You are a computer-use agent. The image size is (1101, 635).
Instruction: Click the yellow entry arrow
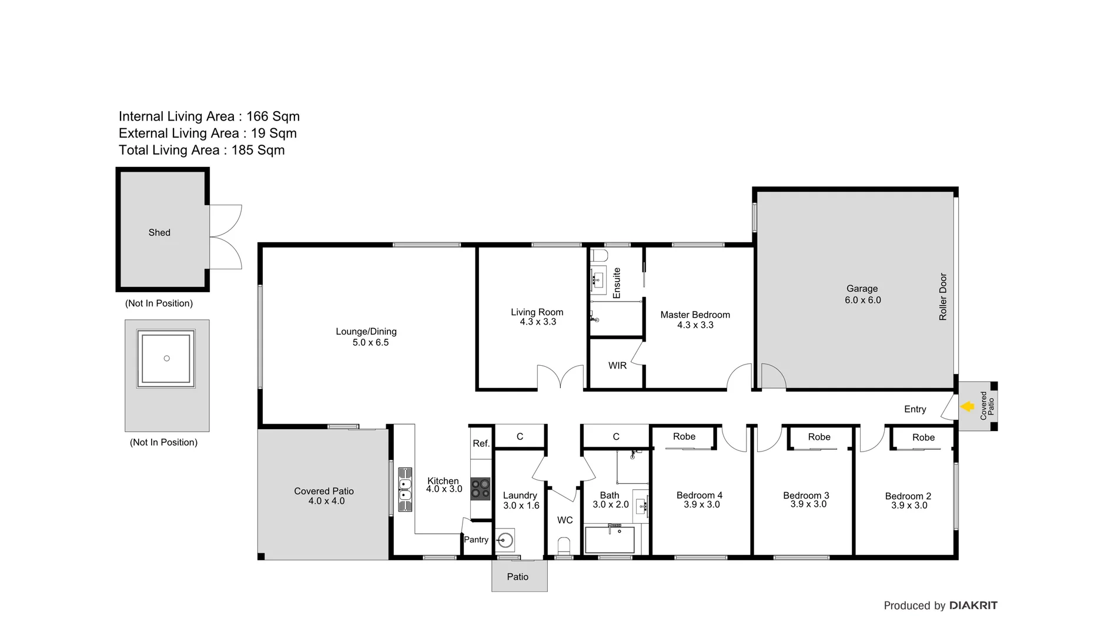tap(968, 406)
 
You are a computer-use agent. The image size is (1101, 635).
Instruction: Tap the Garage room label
tap(862, 289)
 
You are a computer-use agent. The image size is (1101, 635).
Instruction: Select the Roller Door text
tap(943, 297)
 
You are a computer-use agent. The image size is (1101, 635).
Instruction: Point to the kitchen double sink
tap(405, 490)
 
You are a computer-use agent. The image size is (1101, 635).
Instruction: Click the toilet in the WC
tap(564, 546)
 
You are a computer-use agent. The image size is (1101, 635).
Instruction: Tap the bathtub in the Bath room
tap(610, 540)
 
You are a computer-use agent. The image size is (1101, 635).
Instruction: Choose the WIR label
tap(617, 366)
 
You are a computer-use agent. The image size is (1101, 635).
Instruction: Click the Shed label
tap(159, 233)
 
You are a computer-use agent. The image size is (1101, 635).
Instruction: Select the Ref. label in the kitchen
tap(481, 443)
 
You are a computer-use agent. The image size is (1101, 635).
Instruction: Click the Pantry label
tap(476, 540)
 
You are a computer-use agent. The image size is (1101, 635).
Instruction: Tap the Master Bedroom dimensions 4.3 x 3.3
tap(695, 325)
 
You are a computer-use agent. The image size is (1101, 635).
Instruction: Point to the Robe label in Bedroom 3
tap(819, 437)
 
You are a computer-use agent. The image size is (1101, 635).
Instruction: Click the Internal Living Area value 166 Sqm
tap(273, 116)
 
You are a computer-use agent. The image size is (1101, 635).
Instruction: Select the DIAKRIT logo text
tap(973, 606)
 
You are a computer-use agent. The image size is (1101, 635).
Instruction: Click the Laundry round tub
tap(505, 540)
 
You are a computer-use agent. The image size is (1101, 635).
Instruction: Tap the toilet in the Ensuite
tap(600, 256)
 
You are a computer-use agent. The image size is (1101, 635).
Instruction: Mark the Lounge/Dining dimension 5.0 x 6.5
tap(370, 343)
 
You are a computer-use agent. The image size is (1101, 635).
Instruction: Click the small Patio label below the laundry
tap(517, 577)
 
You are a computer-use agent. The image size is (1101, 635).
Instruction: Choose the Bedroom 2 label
tap(908, 496)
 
